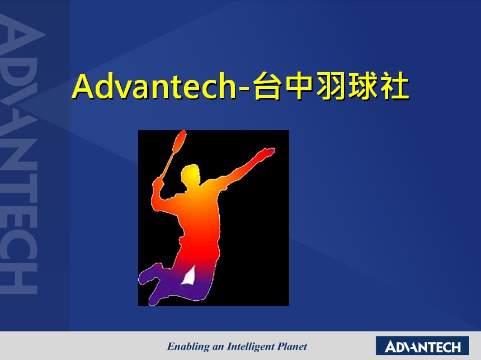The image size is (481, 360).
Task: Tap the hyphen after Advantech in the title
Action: click(x=244, y=89)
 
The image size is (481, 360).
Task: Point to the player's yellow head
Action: click(x=190, y=174)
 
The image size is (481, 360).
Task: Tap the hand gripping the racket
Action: click(x=158, y=183)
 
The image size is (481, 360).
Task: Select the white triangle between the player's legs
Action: click(x=188, y=276)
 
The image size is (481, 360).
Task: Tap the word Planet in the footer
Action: click(x=292, y=347)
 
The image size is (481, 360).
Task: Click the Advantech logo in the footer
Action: click(x=422, y=345)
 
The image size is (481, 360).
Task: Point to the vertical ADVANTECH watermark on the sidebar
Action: click(x=19, y=153)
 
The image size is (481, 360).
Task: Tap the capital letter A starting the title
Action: click(x=83, y=86)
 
